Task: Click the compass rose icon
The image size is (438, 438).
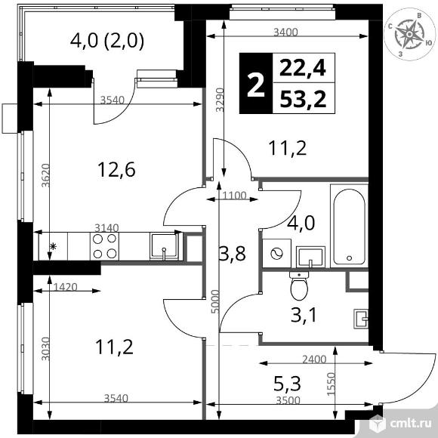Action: coord(409,34)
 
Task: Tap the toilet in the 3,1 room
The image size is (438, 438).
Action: coord(299,285)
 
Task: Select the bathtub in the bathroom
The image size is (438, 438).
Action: coord(349,226)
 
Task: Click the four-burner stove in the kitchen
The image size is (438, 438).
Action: coord(105,246)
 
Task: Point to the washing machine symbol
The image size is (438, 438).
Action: coord(276,254)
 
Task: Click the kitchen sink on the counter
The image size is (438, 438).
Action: coord(165,246)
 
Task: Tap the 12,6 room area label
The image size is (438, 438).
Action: coord(116,170)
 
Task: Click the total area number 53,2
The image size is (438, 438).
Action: coord(303,99)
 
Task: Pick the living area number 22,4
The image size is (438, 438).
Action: coord(303,68)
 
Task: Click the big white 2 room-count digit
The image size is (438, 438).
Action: coord(256,83)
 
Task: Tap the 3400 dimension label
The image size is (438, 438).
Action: coord(285,32)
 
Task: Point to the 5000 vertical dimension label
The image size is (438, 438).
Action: coord(214,301)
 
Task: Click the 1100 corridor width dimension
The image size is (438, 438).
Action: coord(235,196)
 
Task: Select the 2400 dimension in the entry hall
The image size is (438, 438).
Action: coord(314,359)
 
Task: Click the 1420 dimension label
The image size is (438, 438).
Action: coord(65,287)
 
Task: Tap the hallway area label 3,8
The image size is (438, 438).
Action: coord(233,254)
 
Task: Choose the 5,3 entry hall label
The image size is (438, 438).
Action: coord(288,384)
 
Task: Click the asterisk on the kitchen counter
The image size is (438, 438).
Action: coord(53,246)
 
